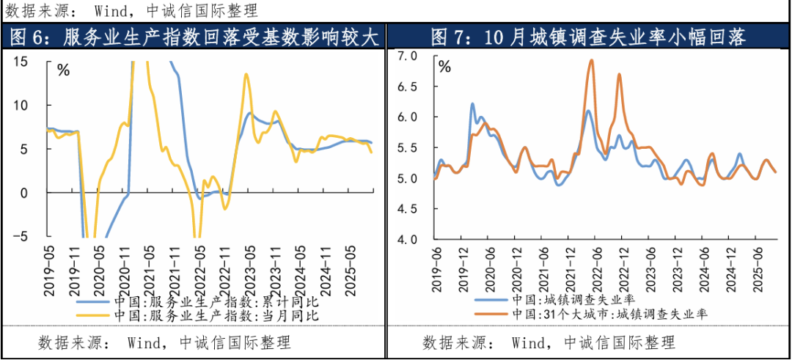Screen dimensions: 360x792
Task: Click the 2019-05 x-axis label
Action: [x=49, y=271]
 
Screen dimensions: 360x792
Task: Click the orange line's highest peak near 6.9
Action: [x=591, y=61]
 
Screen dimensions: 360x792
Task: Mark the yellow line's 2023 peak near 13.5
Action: [x=246, y=74]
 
